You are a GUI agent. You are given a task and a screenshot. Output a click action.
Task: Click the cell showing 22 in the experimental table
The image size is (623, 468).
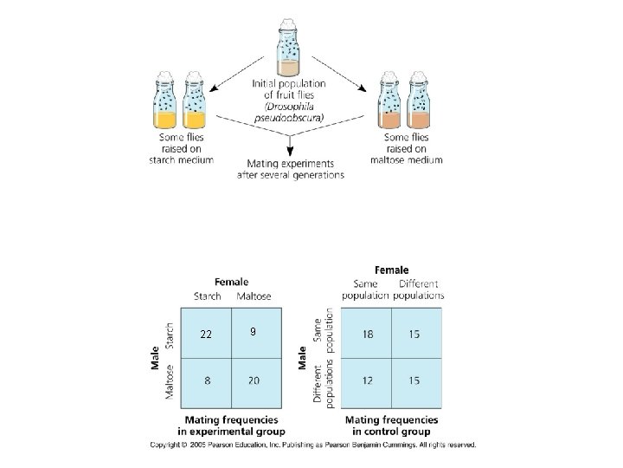pos(206,335)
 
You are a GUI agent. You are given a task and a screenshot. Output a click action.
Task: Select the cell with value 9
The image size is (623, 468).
pos(252,332)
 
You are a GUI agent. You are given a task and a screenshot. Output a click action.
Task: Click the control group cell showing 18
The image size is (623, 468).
pos(368,334)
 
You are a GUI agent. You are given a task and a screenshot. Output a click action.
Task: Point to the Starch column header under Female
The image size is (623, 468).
pos(206,296)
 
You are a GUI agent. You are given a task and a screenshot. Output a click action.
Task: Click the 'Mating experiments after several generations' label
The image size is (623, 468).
pos(290,168)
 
